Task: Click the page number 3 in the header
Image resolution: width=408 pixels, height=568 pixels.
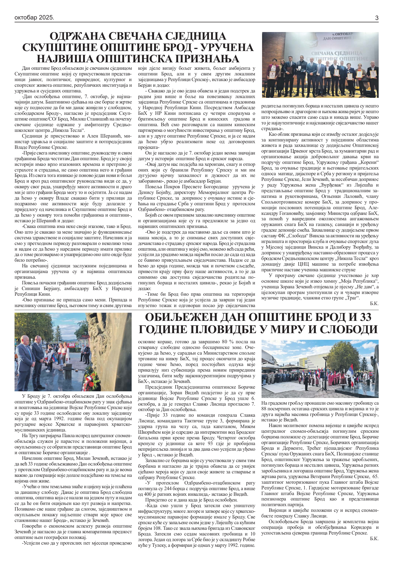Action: [x=376, y=18]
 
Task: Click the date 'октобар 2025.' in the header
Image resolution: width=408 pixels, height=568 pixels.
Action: [x=34, y=17]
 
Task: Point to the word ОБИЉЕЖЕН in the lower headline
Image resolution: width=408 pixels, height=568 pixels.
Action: [x=180, y=318]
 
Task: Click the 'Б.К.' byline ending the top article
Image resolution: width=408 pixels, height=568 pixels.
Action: [x=374, y=304]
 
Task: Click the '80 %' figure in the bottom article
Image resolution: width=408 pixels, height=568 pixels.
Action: [x=223, y=342]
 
